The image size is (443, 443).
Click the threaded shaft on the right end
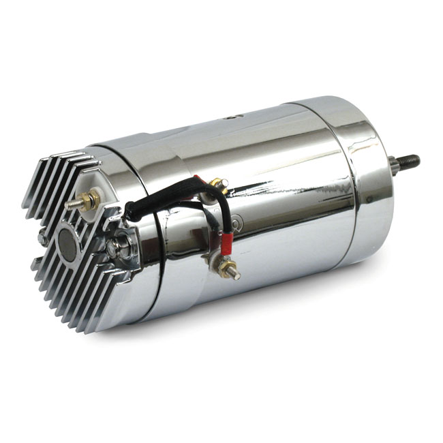(408, 162)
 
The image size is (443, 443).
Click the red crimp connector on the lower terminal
(225, 241)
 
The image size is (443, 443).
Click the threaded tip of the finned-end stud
(70, 204)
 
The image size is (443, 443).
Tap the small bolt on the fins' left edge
(42, 239)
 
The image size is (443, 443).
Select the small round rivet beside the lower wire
(236, 222)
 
